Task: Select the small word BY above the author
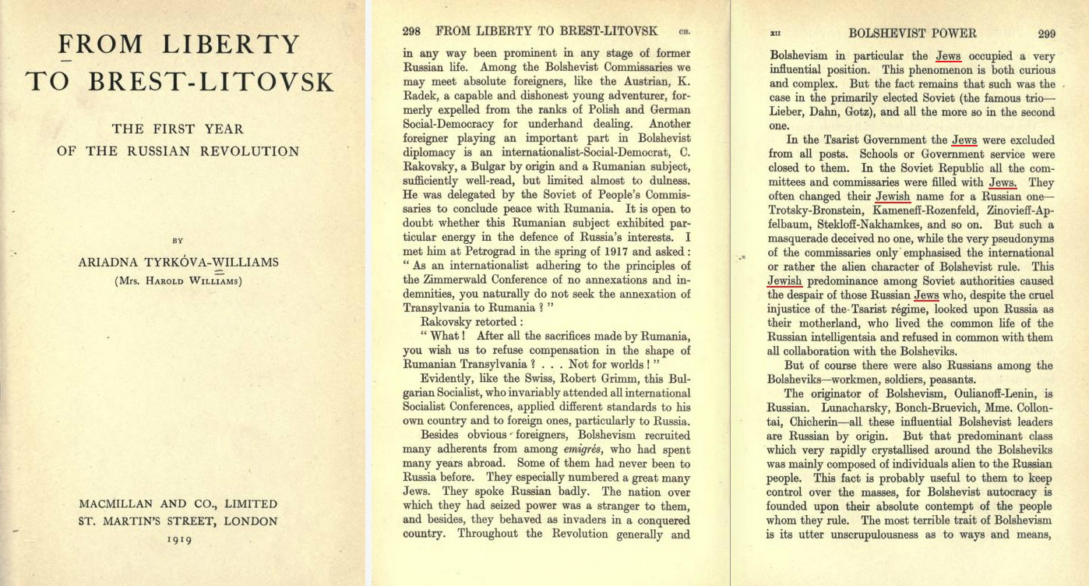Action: pos(178,242)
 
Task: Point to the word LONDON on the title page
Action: pos(251,521)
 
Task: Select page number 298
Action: pos(412,31)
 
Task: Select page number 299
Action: pos(1046,34)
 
